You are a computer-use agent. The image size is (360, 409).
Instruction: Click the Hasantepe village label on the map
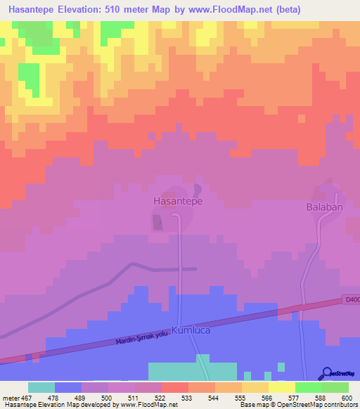tap(178, 201)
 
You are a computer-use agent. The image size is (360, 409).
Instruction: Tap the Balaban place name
tap(324, 207)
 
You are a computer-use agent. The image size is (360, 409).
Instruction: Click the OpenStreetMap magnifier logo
tap(328, 373)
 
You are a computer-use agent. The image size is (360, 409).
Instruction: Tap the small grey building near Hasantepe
tap(157, 223)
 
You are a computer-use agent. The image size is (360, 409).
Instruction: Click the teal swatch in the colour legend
tap(41, 387)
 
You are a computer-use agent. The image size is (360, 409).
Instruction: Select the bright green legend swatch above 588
tap(309, 387)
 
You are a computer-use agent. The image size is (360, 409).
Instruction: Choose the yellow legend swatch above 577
tap(282, 387)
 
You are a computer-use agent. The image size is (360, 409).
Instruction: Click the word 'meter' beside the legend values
tap(10, 397)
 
